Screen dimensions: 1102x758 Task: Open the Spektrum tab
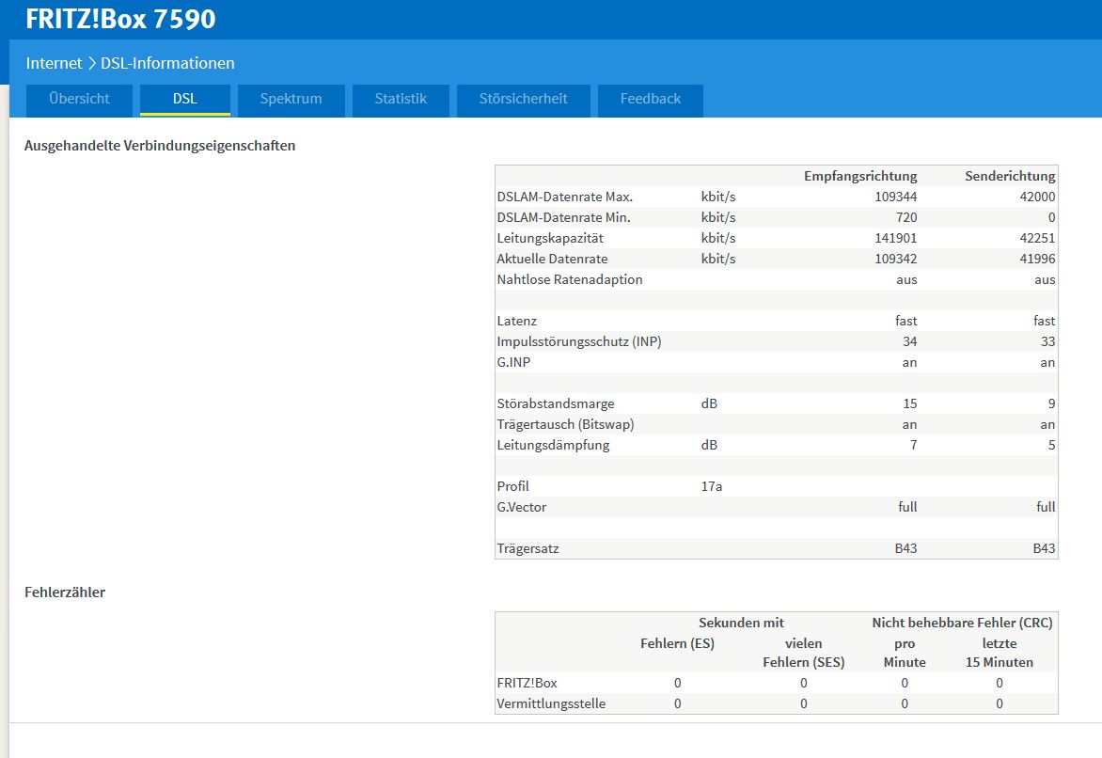click(x=291, y=99)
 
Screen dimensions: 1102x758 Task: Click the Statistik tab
click(x=401, y=99)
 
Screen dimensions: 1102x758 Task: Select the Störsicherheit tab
click(x=524, y=99)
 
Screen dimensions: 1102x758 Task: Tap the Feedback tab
click(x=650, y=99)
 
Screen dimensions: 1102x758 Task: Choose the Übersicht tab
click(x=79, y=99)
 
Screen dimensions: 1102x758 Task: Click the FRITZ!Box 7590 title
click(x=121, y=19)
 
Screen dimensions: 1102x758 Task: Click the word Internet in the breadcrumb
click(x=55, y=63)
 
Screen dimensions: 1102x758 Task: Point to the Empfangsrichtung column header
click(x=860, y=176)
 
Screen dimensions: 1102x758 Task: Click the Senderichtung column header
click(x=1010, y=176)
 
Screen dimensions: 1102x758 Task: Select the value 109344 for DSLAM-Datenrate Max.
click(x=895, y=197)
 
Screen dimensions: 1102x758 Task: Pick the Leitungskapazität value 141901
click(x=895, y=238)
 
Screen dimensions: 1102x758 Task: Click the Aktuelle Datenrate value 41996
click(x=1037, y=259)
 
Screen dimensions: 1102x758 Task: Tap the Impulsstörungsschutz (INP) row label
click(x=579, y=341)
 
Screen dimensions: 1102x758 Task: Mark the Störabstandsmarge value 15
click(x=910, y=403)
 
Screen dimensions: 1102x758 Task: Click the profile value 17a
click(x=711, y=486)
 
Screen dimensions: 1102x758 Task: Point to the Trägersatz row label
click(x=527, y=548)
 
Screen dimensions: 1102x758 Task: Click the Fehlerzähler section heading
click(x=65, y=592)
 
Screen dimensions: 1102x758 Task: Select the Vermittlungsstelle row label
click(x=551, y=703)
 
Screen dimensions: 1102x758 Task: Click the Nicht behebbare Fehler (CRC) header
click(x=962, y=623)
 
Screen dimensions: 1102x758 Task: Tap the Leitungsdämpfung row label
click(x=553, y=445)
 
